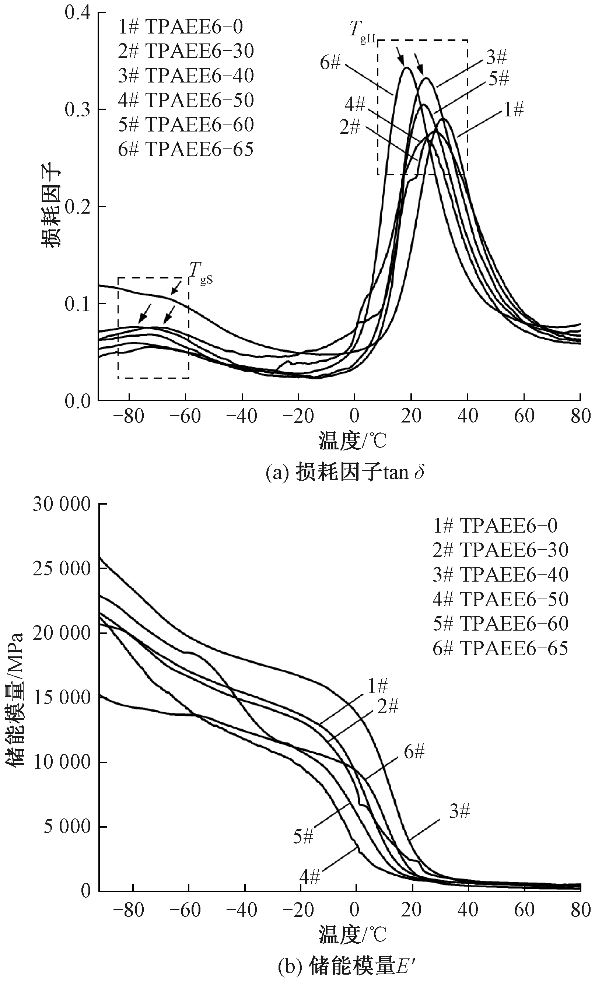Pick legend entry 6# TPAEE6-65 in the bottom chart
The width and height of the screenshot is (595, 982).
point(501,648)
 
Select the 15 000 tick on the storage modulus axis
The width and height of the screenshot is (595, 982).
point(62,698)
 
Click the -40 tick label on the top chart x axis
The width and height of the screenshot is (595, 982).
point(242,417)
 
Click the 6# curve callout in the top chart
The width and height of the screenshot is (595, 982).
point(331,63)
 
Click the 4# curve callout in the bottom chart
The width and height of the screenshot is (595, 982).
point(309,877)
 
